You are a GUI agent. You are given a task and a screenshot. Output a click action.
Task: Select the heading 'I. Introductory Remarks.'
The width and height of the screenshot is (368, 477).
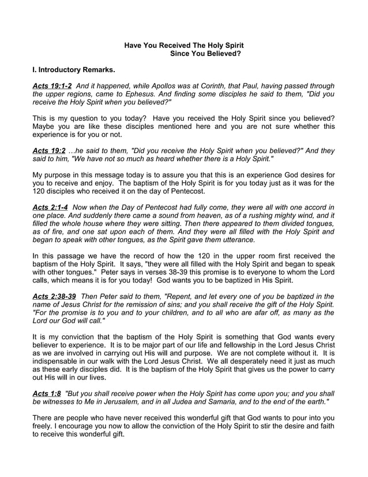[x=74, y=70]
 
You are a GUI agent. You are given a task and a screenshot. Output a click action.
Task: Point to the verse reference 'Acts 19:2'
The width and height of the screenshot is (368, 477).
[x=48, y=151]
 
